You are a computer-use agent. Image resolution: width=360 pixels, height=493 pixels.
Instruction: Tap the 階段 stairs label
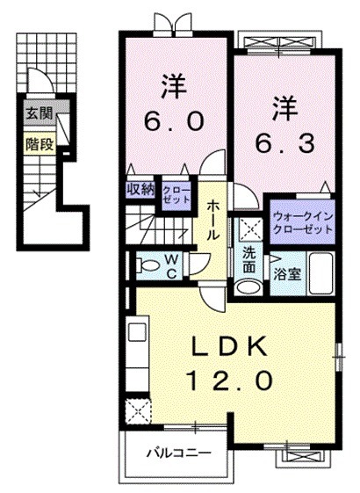(x=38, y=143)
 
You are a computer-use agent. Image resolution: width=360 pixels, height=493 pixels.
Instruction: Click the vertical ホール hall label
(x=213, y=221)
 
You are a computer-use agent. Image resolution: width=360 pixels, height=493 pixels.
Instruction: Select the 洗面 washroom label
(x=249, y=260)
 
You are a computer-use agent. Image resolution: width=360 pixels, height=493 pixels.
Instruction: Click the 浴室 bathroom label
(x=287, y=274)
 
